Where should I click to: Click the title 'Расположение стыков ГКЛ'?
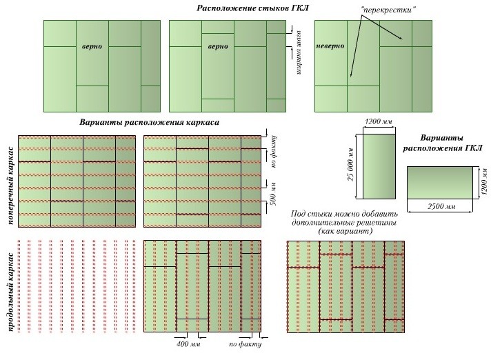252,8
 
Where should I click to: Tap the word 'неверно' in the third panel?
330,46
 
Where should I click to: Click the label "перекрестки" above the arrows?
388,10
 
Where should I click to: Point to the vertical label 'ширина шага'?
299,52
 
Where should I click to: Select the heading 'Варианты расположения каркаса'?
150,122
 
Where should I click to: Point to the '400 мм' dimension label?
188,344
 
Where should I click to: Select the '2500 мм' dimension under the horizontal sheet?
441,206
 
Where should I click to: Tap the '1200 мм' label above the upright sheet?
379,121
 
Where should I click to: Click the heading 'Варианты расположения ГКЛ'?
443,143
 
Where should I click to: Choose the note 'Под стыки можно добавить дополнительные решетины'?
344,218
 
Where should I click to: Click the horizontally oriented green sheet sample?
440,183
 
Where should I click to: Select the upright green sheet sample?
379,166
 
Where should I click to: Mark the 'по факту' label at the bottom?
245,344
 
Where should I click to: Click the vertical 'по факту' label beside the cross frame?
273,152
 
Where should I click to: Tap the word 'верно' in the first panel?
92,46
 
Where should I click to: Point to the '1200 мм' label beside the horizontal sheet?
485,182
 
